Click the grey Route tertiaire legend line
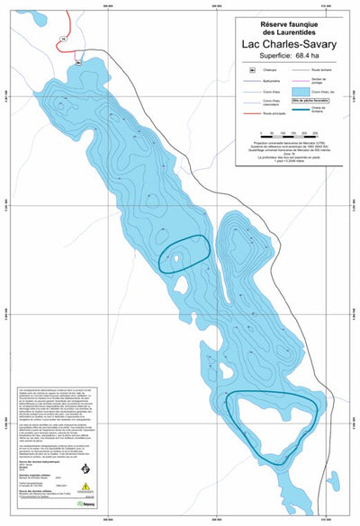tap(301, 69)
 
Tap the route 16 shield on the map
tap(64, 39)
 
